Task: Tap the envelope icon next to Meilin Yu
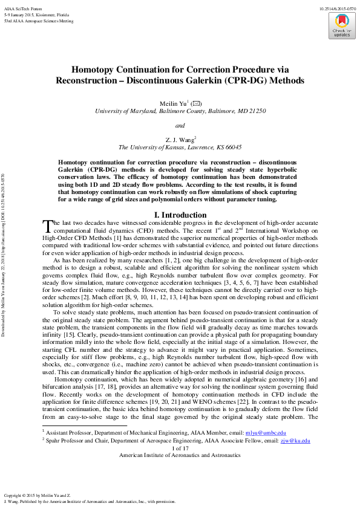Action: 197,103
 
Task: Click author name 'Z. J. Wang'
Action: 180,139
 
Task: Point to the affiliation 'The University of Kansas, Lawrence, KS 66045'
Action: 180,147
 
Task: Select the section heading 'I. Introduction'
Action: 180,215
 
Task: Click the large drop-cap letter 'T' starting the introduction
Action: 47,226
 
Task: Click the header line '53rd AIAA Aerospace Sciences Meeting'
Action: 38,21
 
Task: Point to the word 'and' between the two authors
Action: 180,126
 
